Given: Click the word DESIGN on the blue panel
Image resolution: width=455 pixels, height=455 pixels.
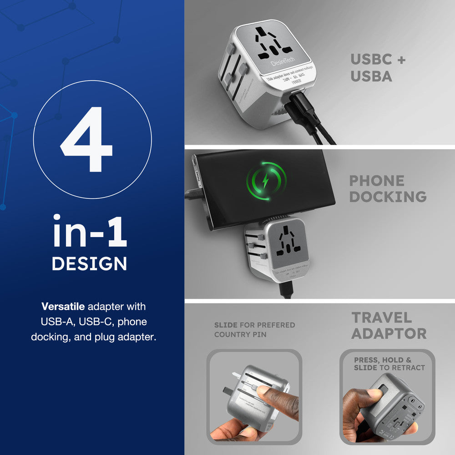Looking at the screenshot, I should pos(89,263).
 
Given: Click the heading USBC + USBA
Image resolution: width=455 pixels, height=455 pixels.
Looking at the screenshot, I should pos(378,68).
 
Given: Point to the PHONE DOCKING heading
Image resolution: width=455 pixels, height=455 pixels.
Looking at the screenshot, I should pos(388,188).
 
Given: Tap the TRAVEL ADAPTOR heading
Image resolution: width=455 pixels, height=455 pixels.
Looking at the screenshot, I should pos(389,325).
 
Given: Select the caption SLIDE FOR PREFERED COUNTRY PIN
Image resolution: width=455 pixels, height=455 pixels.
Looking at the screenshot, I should pos(254,329).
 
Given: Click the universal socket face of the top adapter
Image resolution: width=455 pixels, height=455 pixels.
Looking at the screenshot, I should pos(278,45).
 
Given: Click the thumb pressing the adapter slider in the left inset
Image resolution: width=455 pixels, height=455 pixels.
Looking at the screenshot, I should pos(273,394).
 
